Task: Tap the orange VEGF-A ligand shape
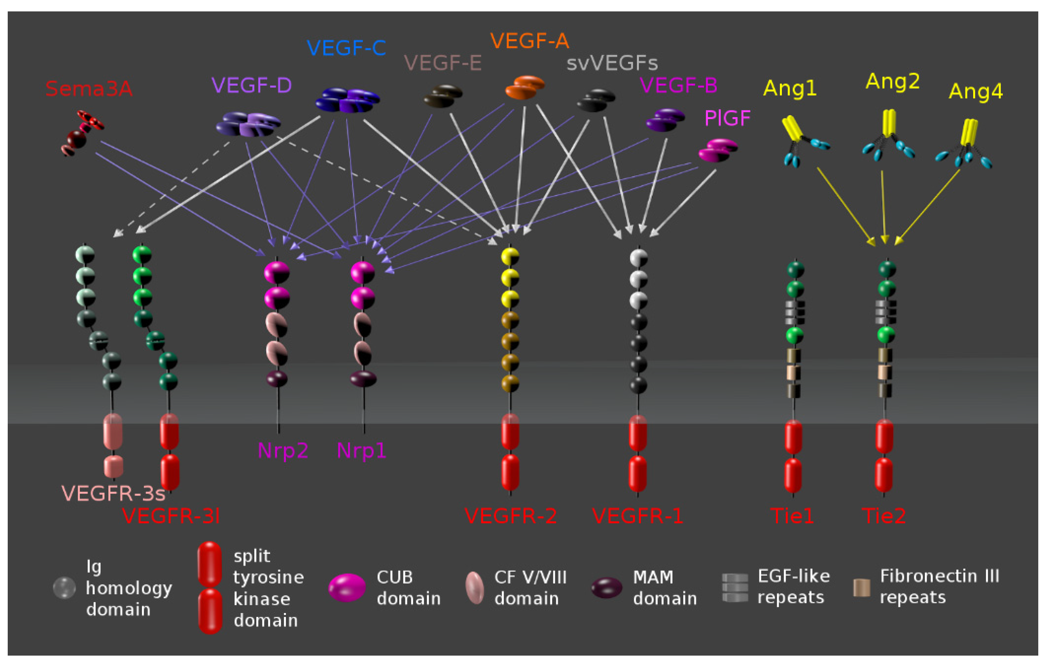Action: [525, 87]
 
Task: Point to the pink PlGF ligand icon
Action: [718, 150]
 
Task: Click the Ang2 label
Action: [892, 81]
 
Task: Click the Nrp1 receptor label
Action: [361, 450]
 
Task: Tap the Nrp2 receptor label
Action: [283, 450]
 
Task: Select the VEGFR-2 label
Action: [510, 516]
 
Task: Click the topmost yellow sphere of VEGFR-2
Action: [510, 256]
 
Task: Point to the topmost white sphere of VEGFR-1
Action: [638, 257]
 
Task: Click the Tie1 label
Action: [792, 516]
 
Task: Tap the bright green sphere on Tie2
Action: [886, 335]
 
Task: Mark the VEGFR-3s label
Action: [113, 493]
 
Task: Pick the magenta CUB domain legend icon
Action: [347, 587]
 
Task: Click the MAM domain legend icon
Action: [606, 587]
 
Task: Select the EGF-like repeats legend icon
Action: [735, 587]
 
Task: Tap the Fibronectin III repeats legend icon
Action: [861, 587]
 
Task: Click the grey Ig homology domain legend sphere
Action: [64, 587]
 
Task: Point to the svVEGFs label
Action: [612, 63]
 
